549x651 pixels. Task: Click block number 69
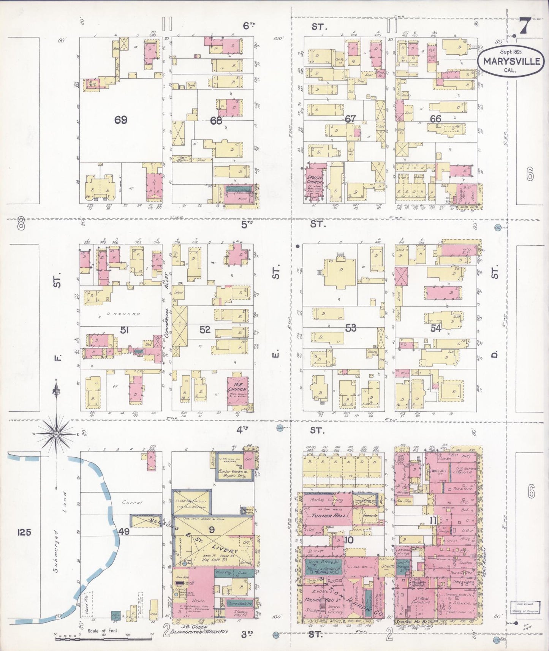click(x=120, y=120)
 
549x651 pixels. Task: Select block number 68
click(x=216, y=120)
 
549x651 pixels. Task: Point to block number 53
click(x=350, y=327)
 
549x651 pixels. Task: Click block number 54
click(x=436, y=328)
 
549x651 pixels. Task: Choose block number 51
click(x=124, y=330)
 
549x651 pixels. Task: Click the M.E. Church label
click(x=238, y=389)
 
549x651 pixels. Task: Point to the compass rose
click(x=56, y=434)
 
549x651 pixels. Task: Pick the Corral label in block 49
click(x=131, y=502)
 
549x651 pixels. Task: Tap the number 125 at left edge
click(x=24, y=532)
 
